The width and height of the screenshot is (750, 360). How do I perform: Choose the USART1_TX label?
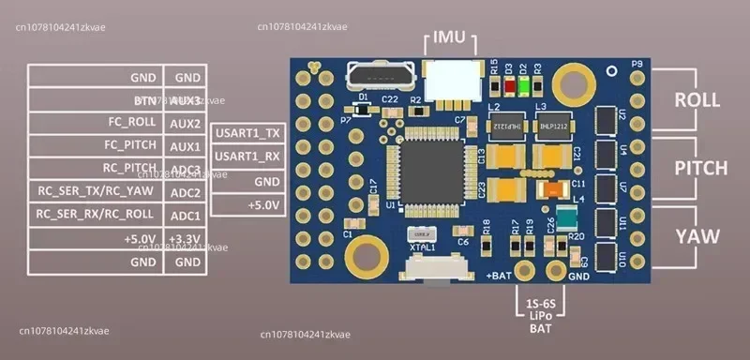(247, 134)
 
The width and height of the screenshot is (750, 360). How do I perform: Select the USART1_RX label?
(247, 157)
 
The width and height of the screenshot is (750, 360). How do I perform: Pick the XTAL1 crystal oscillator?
(424, 237)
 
